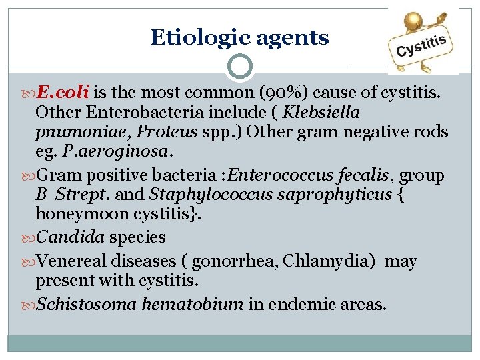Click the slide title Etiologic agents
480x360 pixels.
click(239, 37)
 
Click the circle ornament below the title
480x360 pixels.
click(239, 66)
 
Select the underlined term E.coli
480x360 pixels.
click(65, 91)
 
